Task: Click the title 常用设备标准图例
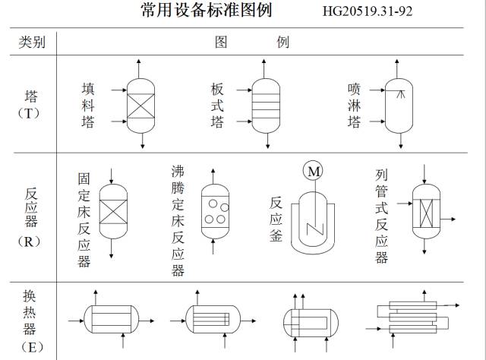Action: tap(206, 10)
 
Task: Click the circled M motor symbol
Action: tap(314, 172)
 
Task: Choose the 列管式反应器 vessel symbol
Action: tap(426, 211)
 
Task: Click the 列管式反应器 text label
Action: tap(381, 216)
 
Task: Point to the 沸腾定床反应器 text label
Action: tap(178, 220)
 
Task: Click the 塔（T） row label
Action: tap(31, 104)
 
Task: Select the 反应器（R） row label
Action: tap(31, 216)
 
